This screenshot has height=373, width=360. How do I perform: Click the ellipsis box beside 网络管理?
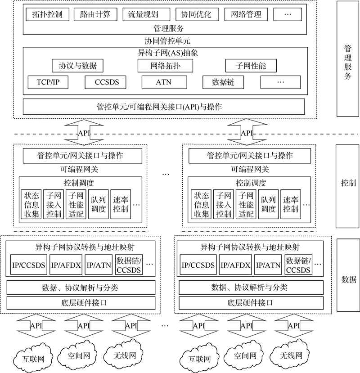click(x=288, y=14)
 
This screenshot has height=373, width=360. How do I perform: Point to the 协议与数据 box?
click(x=77, y=66)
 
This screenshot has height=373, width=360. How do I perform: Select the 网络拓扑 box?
click(x=165, y=66)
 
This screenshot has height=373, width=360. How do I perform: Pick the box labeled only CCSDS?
click(x=105, y=82)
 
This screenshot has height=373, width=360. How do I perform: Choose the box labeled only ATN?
click(x=163, y=82)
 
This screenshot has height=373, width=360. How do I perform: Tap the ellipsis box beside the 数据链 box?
click(x=280, y=82)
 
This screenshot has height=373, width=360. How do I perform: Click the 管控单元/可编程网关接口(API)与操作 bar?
click(x=164, y=107)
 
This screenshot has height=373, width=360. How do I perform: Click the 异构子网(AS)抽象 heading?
click(x=165, y=52)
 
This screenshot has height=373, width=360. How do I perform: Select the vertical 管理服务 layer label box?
click(x=347, y=62)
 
